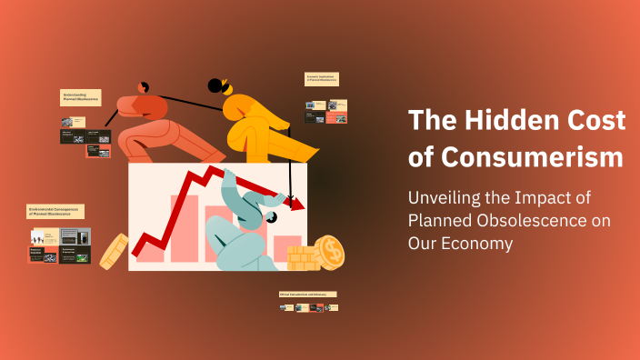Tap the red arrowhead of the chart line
296,205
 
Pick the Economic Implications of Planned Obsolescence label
321,80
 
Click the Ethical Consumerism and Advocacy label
307,295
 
